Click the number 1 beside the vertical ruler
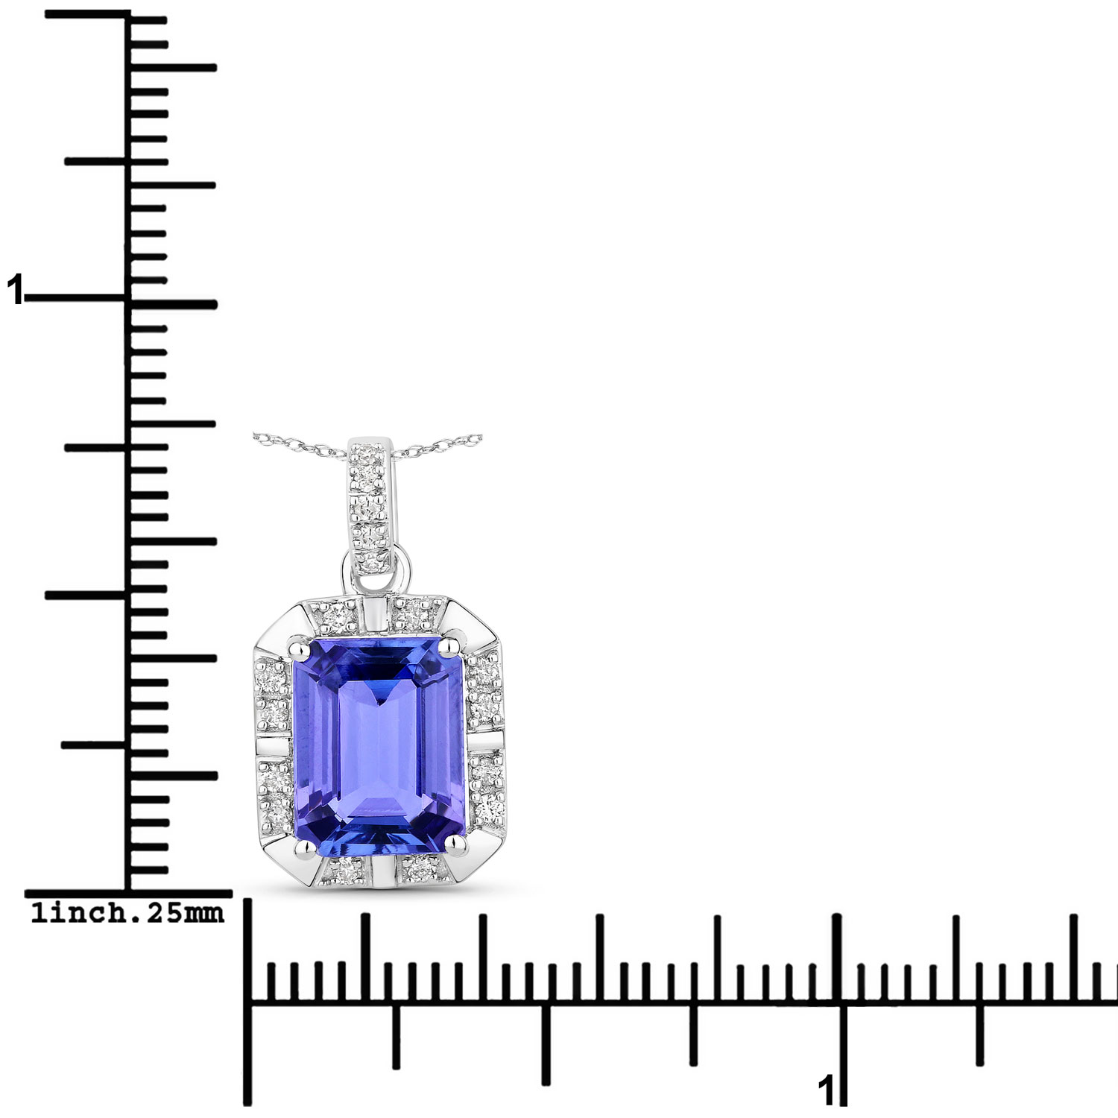point(14,290)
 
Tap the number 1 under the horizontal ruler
point(824,1091)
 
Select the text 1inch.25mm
point(127,913)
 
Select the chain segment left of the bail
point(298,444)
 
